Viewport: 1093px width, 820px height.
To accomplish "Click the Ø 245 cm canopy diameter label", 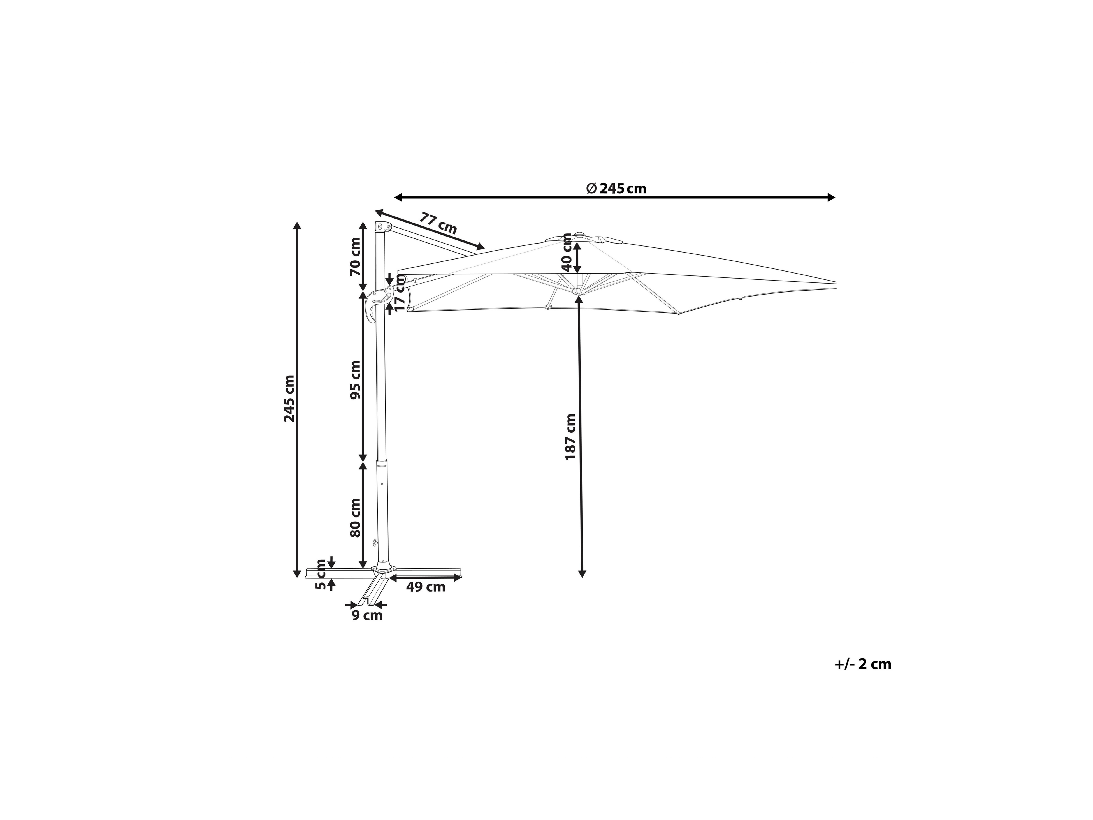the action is pyautogui.click(x=616, y=188).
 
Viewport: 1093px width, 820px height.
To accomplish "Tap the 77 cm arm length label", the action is pyautogui.click(x=438, y=223).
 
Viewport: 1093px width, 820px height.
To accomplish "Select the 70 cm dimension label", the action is pyautogui.click(x=355, y=257).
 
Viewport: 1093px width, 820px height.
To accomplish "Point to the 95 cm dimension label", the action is pyautogui.click(x=355, y=380).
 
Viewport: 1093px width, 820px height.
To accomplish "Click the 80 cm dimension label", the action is pyautogui.click(x=355, y=518).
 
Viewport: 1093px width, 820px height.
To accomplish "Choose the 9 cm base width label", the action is pyautogui.click(x=367, y=615).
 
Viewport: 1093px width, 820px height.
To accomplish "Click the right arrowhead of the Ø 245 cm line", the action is pyautogui.click(x=831, y=198).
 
